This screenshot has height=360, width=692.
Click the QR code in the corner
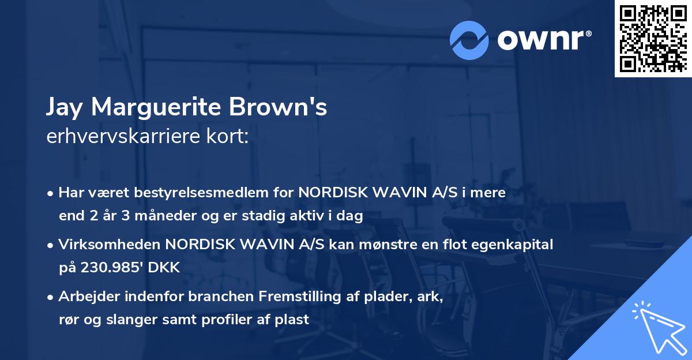[653, 39]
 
